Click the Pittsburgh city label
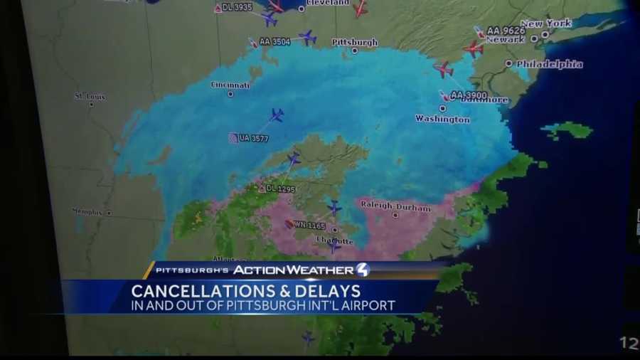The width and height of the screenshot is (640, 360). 355,43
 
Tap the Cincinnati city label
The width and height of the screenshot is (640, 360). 230,85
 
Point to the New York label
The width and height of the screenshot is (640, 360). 546,23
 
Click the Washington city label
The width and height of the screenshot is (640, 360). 442,119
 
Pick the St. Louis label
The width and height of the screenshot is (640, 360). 90,96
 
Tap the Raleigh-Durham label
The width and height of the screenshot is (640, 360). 395,207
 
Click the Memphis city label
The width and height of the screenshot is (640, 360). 88,211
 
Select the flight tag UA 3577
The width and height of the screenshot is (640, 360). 253,138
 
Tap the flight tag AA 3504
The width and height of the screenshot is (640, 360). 274,42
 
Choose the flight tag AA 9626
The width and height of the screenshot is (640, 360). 506,31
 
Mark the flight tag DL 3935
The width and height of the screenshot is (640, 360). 236,8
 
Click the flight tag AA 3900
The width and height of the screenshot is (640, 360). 468,95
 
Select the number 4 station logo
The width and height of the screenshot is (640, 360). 363,270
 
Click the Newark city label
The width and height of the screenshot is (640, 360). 505,40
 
